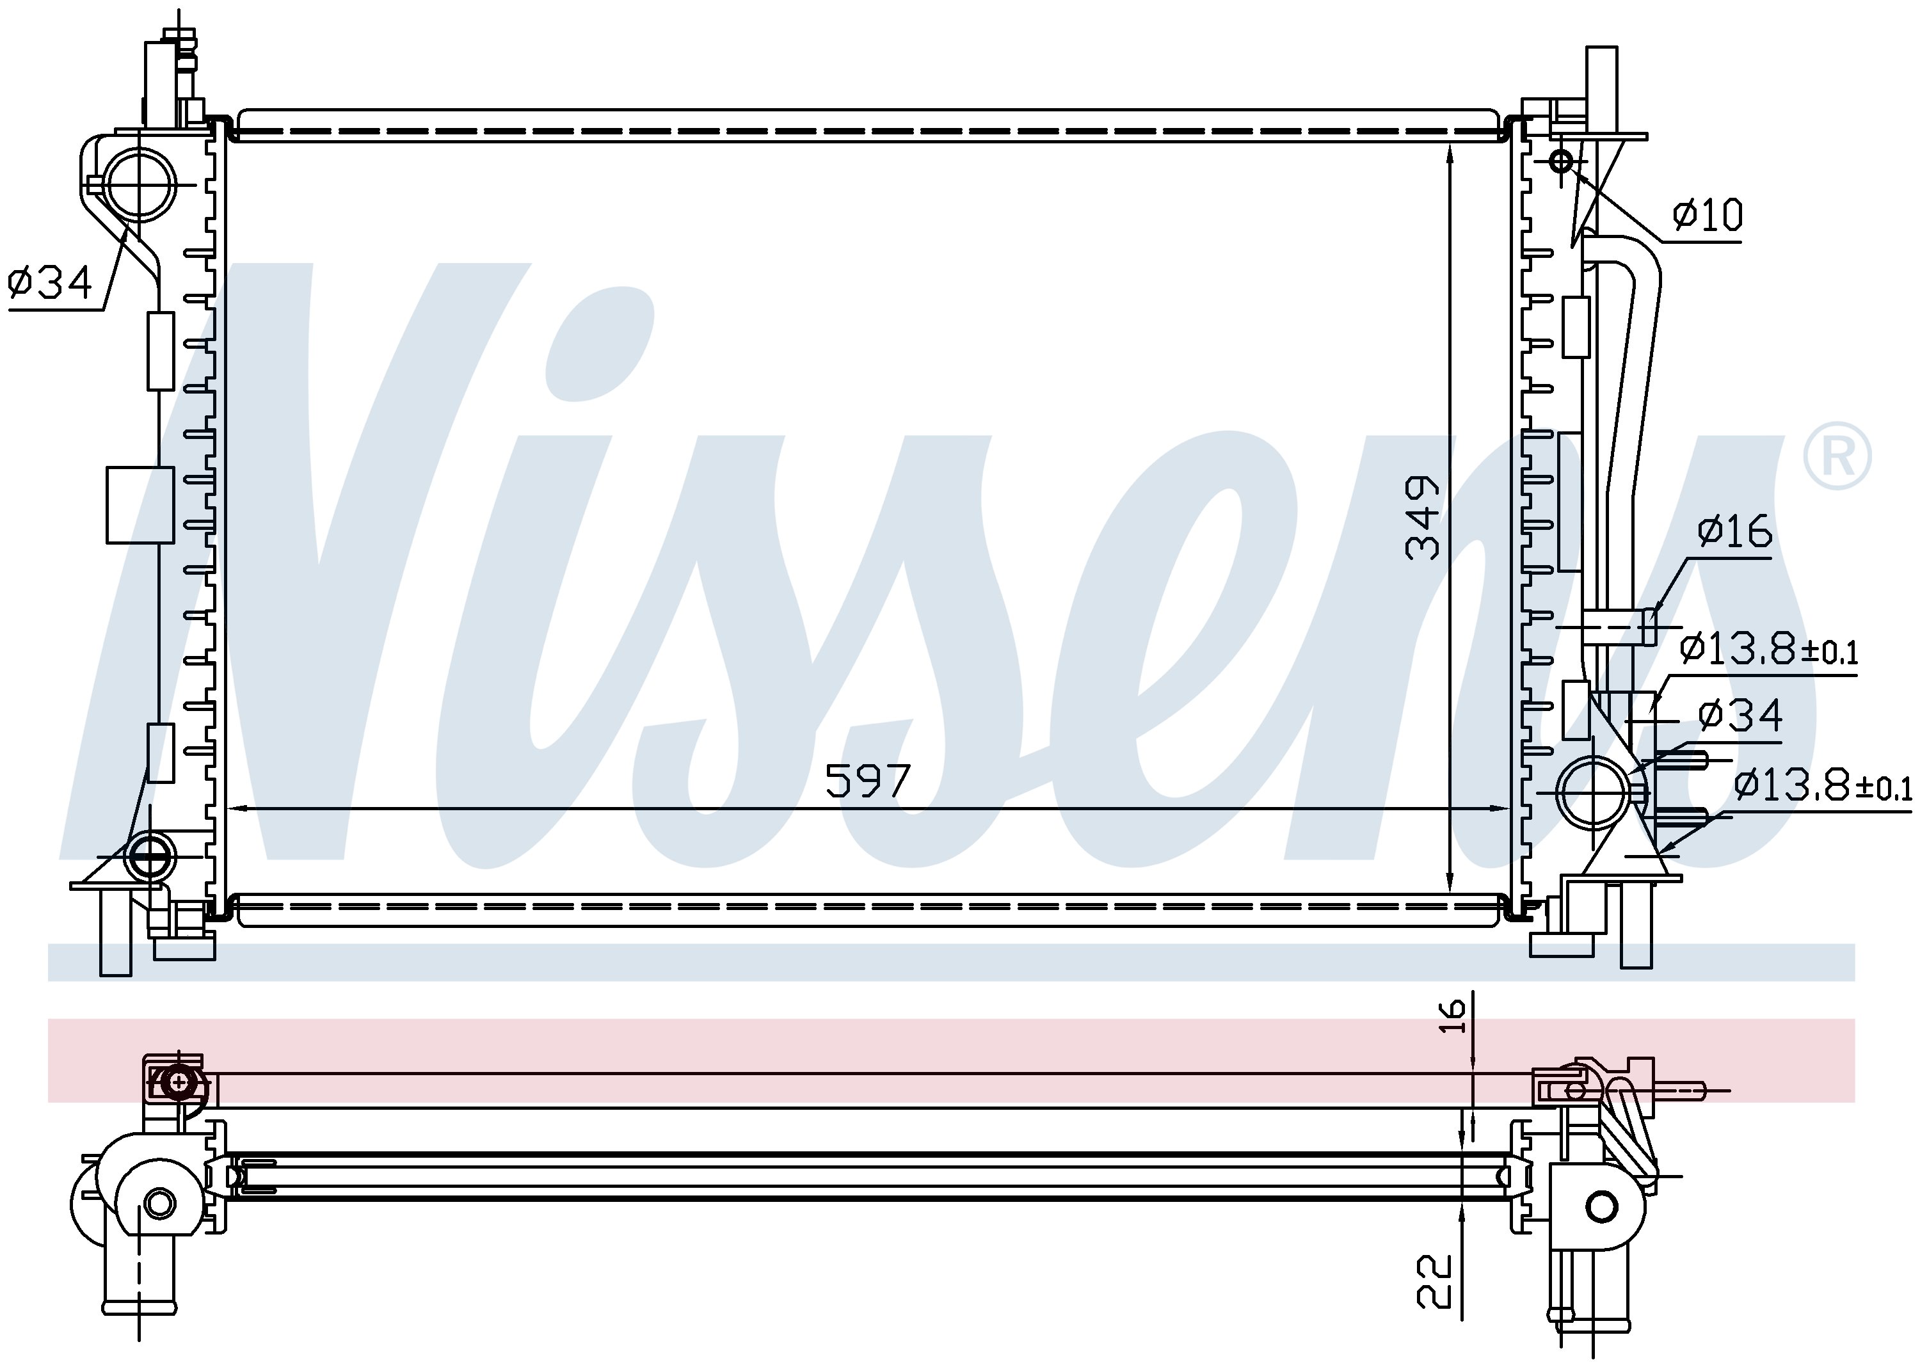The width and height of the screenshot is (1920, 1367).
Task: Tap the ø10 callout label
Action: click(1707, 216)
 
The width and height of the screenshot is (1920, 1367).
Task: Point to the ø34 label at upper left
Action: click(50, 283)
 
